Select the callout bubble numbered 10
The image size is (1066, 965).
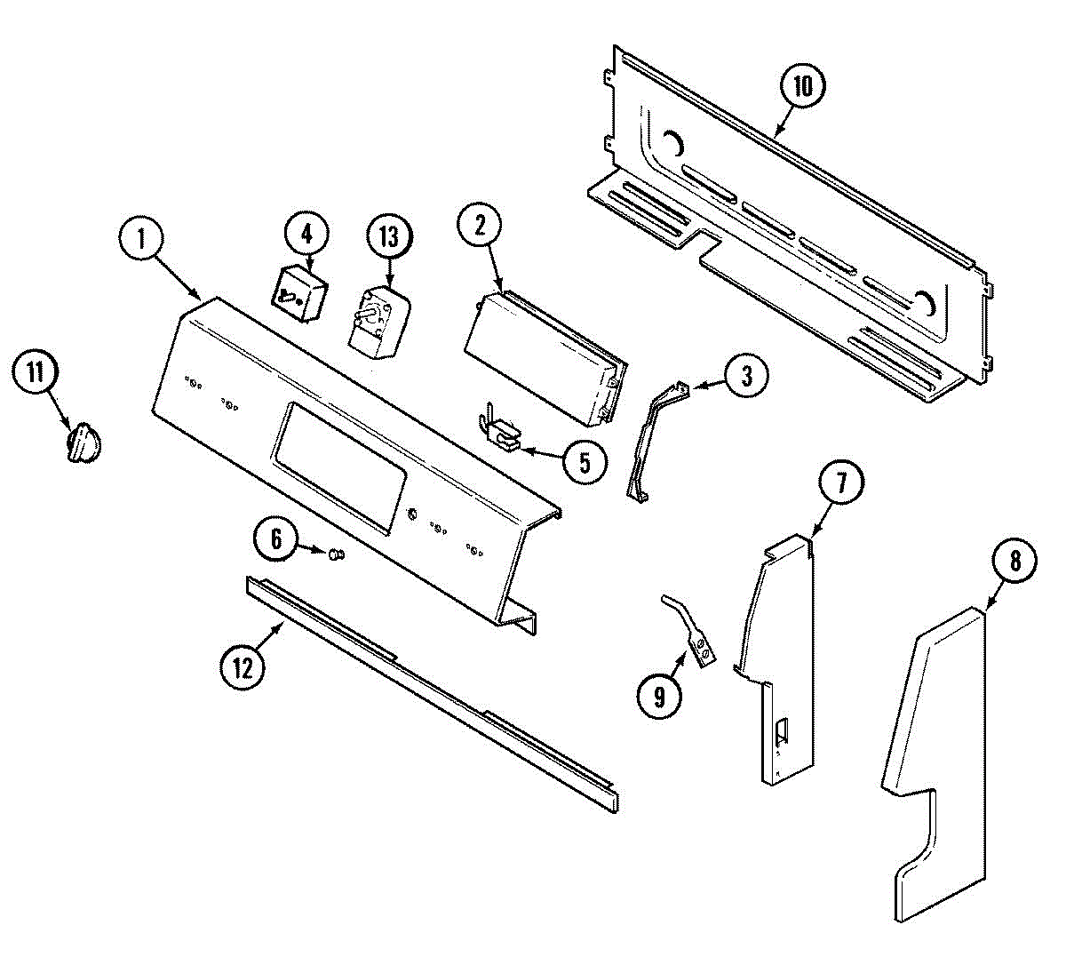click(x=803, y=87)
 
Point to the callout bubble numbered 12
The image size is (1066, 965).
click(x=243, y=666)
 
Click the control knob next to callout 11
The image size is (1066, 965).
click(x=83, y=442)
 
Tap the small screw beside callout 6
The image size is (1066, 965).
click(x=335, y=555)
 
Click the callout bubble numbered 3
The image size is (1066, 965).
click(x=746, y=376)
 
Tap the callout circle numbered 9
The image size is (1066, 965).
click(x=659, y=697)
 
